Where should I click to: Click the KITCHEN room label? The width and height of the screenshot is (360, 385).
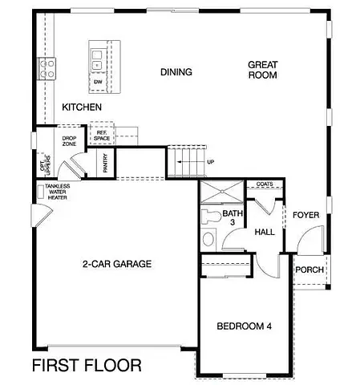pos(82,107)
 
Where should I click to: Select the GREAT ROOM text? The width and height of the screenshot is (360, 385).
pos(261,70)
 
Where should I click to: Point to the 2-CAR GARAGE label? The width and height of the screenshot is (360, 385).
pos(116,264)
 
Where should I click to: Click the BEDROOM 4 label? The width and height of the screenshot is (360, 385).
pos(245,326)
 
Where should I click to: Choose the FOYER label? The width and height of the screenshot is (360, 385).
pos(306,215)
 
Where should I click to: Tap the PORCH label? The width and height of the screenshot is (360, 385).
pos(309,269)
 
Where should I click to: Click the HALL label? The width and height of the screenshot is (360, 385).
pos(265,232)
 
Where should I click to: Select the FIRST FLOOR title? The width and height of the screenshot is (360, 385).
pos(87,367)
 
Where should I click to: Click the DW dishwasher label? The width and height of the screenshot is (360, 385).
pos(98,82)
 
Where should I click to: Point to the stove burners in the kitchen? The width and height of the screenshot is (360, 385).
pos(46,67)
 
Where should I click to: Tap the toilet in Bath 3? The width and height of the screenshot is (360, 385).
pos(210,217)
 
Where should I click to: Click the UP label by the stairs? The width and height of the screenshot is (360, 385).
pos(211,161)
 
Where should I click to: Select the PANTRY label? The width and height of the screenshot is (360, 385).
pos(105,164)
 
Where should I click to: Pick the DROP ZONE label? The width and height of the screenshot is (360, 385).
pos(69,142)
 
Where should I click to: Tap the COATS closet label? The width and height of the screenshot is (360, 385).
pos(265,184)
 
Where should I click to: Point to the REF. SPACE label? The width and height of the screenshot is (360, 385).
pos(102,136)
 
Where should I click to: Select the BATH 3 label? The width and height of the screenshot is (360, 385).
pos(233,218)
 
